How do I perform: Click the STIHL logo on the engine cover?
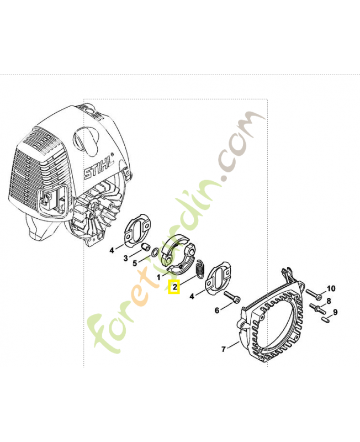click(99, 167)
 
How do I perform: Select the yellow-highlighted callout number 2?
click(174, 287)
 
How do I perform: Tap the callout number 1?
click(158, 277)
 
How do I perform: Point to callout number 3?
click(126, 258)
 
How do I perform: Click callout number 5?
click(135, 264)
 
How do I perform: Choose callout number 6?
click(216, 311)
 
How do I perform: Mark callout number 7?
click(224, 349)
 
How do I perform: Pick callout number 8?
click(329, 301)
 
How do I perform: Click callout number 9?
click(335, 312)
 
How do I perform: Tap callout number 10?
click(331, 288)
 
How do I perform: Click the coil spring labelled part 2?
click(200, 269)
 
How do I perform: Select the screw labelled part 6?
click(232, 297)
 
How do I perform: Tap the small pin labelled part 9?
click(326, 320)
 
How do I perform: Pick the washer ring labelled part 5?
click(155, 252)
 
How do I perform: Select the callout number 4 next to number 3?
click(112, 250)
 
